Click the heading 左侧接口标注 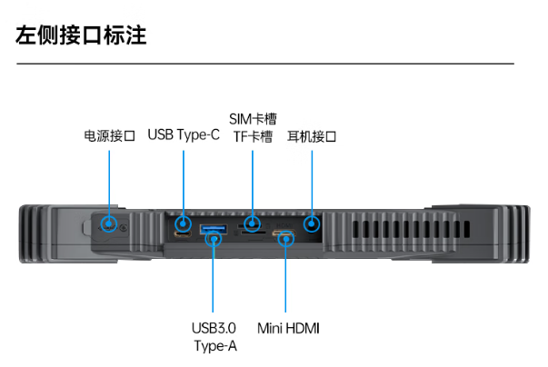(x=82, y=36)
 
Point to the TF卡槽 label (x=253, y=137)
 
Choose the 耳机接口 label (x=312, y=137)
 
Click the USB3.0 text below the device (x=214, y=328)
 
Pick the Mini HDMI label (x=288, y=328)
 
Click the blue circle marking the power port (x=109, y=223)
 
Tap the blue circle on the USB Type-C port (x=184, y=223)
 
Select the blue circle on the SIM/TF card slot (x=253, y=223)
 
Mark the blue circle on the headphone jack (x=312, y=223)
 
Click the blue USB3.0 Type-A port (x=212, y=228)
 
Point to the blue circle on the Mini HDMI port (x=287, y=239)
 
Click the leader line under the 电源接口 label (x=109, y=182)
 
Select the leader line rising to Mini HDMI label (x=287, y=282)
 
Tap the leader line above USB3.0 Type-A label (x=214, y=282)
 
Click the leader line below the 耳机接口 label (x=312, y=182)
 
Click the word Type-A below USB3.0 (x=214, y=345)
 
